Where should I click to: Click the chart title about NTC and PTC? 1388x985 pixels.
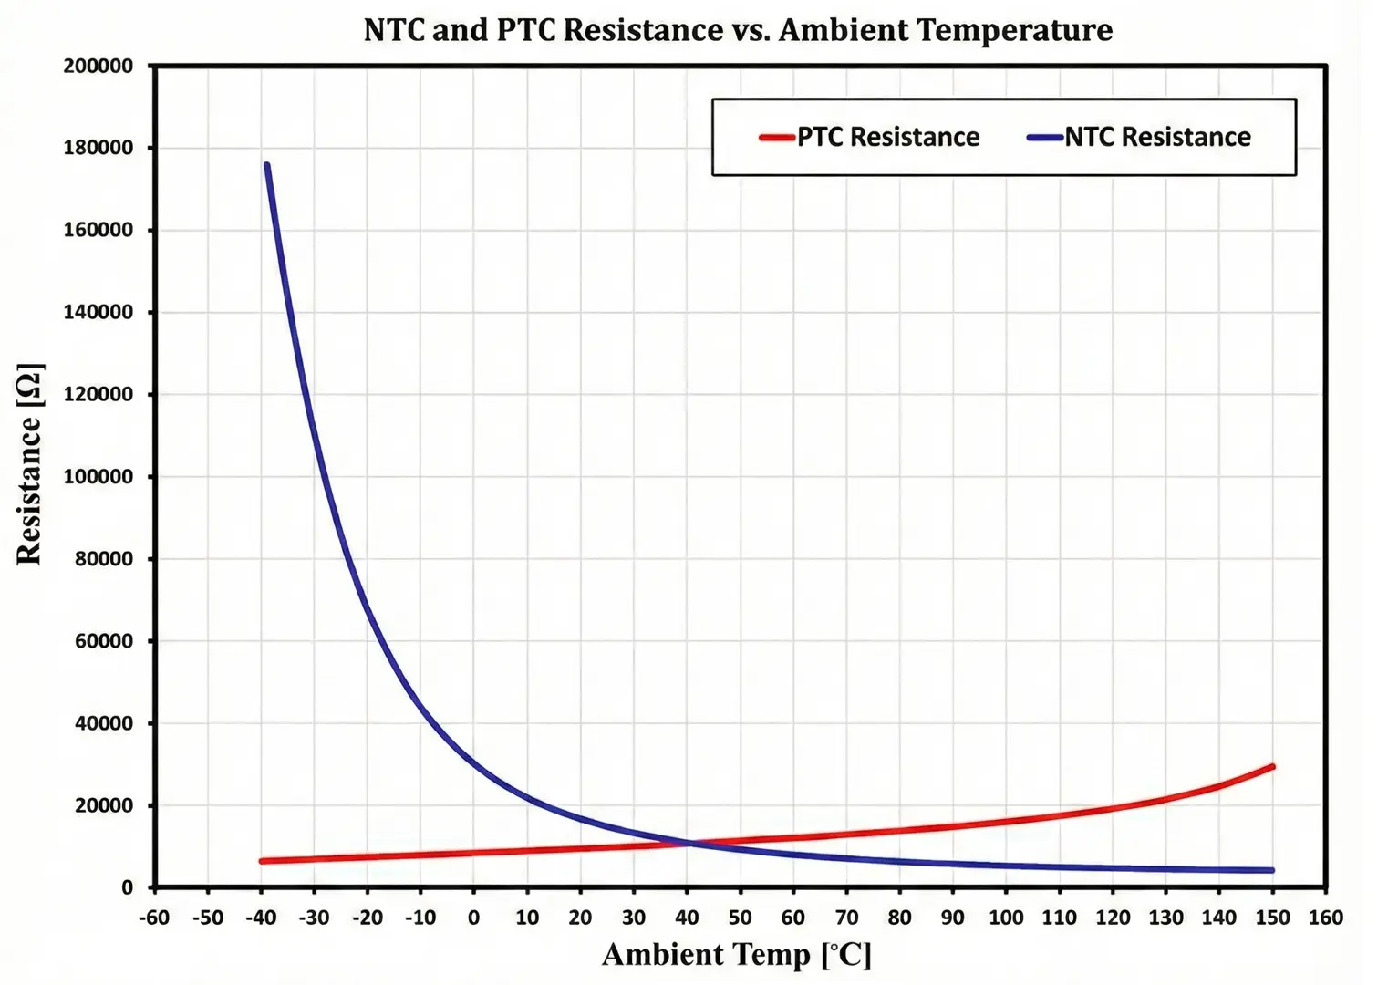tap(738, 30)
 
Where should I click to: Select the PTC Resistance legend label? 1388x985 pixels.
tap(887, 137)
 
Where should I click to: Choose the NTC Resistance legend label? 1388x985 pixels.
tap(1157, 137)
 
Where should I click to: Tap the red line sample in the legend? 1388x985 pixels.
tap(777, 138)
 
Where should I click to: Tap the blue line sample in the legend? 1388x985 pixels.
tap(1045, 138)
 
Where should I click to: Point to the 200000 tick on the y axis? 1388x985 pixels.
tap(98, 66)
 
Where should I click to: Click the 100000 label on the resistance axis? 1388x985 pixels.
tap(98, 477)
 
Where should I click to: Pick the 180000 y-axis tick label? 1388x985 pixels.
tap(98, 148)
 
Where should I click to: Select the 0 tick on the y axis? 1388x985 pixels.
tap(127, 887)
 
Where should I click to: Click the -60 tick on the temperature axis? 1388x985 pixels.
tap(154, 918)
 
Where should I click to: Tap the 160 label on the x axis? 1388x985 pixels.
tap(1325, 918)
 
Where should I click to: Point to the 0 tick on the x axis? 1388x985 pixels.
tap(473, 918)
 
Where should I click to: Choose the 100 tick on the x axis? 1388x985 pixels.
tap(1006, 918)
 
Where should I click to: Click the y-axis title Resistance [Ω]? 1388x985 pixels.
tap(30, 465)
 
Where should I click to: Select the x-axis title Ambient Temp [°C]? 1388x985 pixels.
tap(737, 955)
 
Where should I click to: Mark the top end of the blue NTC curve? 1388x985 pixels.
tap(266, 165)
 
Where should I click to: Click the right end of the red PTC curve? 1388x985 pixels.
tap(1272, 767)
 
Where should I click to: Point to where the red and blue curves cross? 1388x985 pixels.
tap(689, 843)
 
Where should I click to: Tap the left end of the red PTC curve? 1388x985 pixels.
tap(262, 861)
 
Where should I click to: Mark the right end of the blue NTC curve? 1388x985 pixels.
tap(1272, 870)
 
